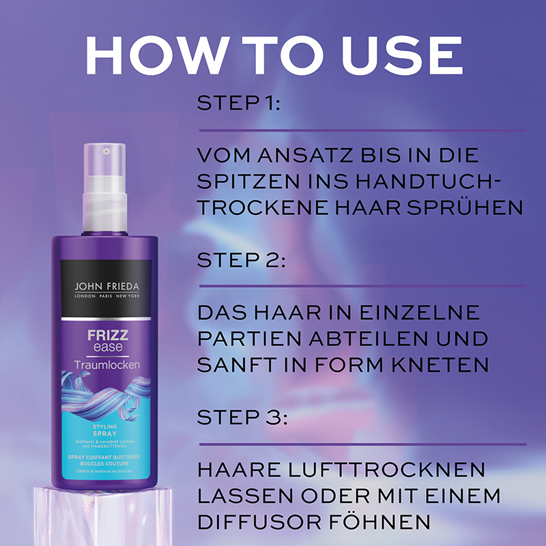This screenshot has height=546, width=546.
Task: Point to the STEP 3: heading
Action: pos(241,417)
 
